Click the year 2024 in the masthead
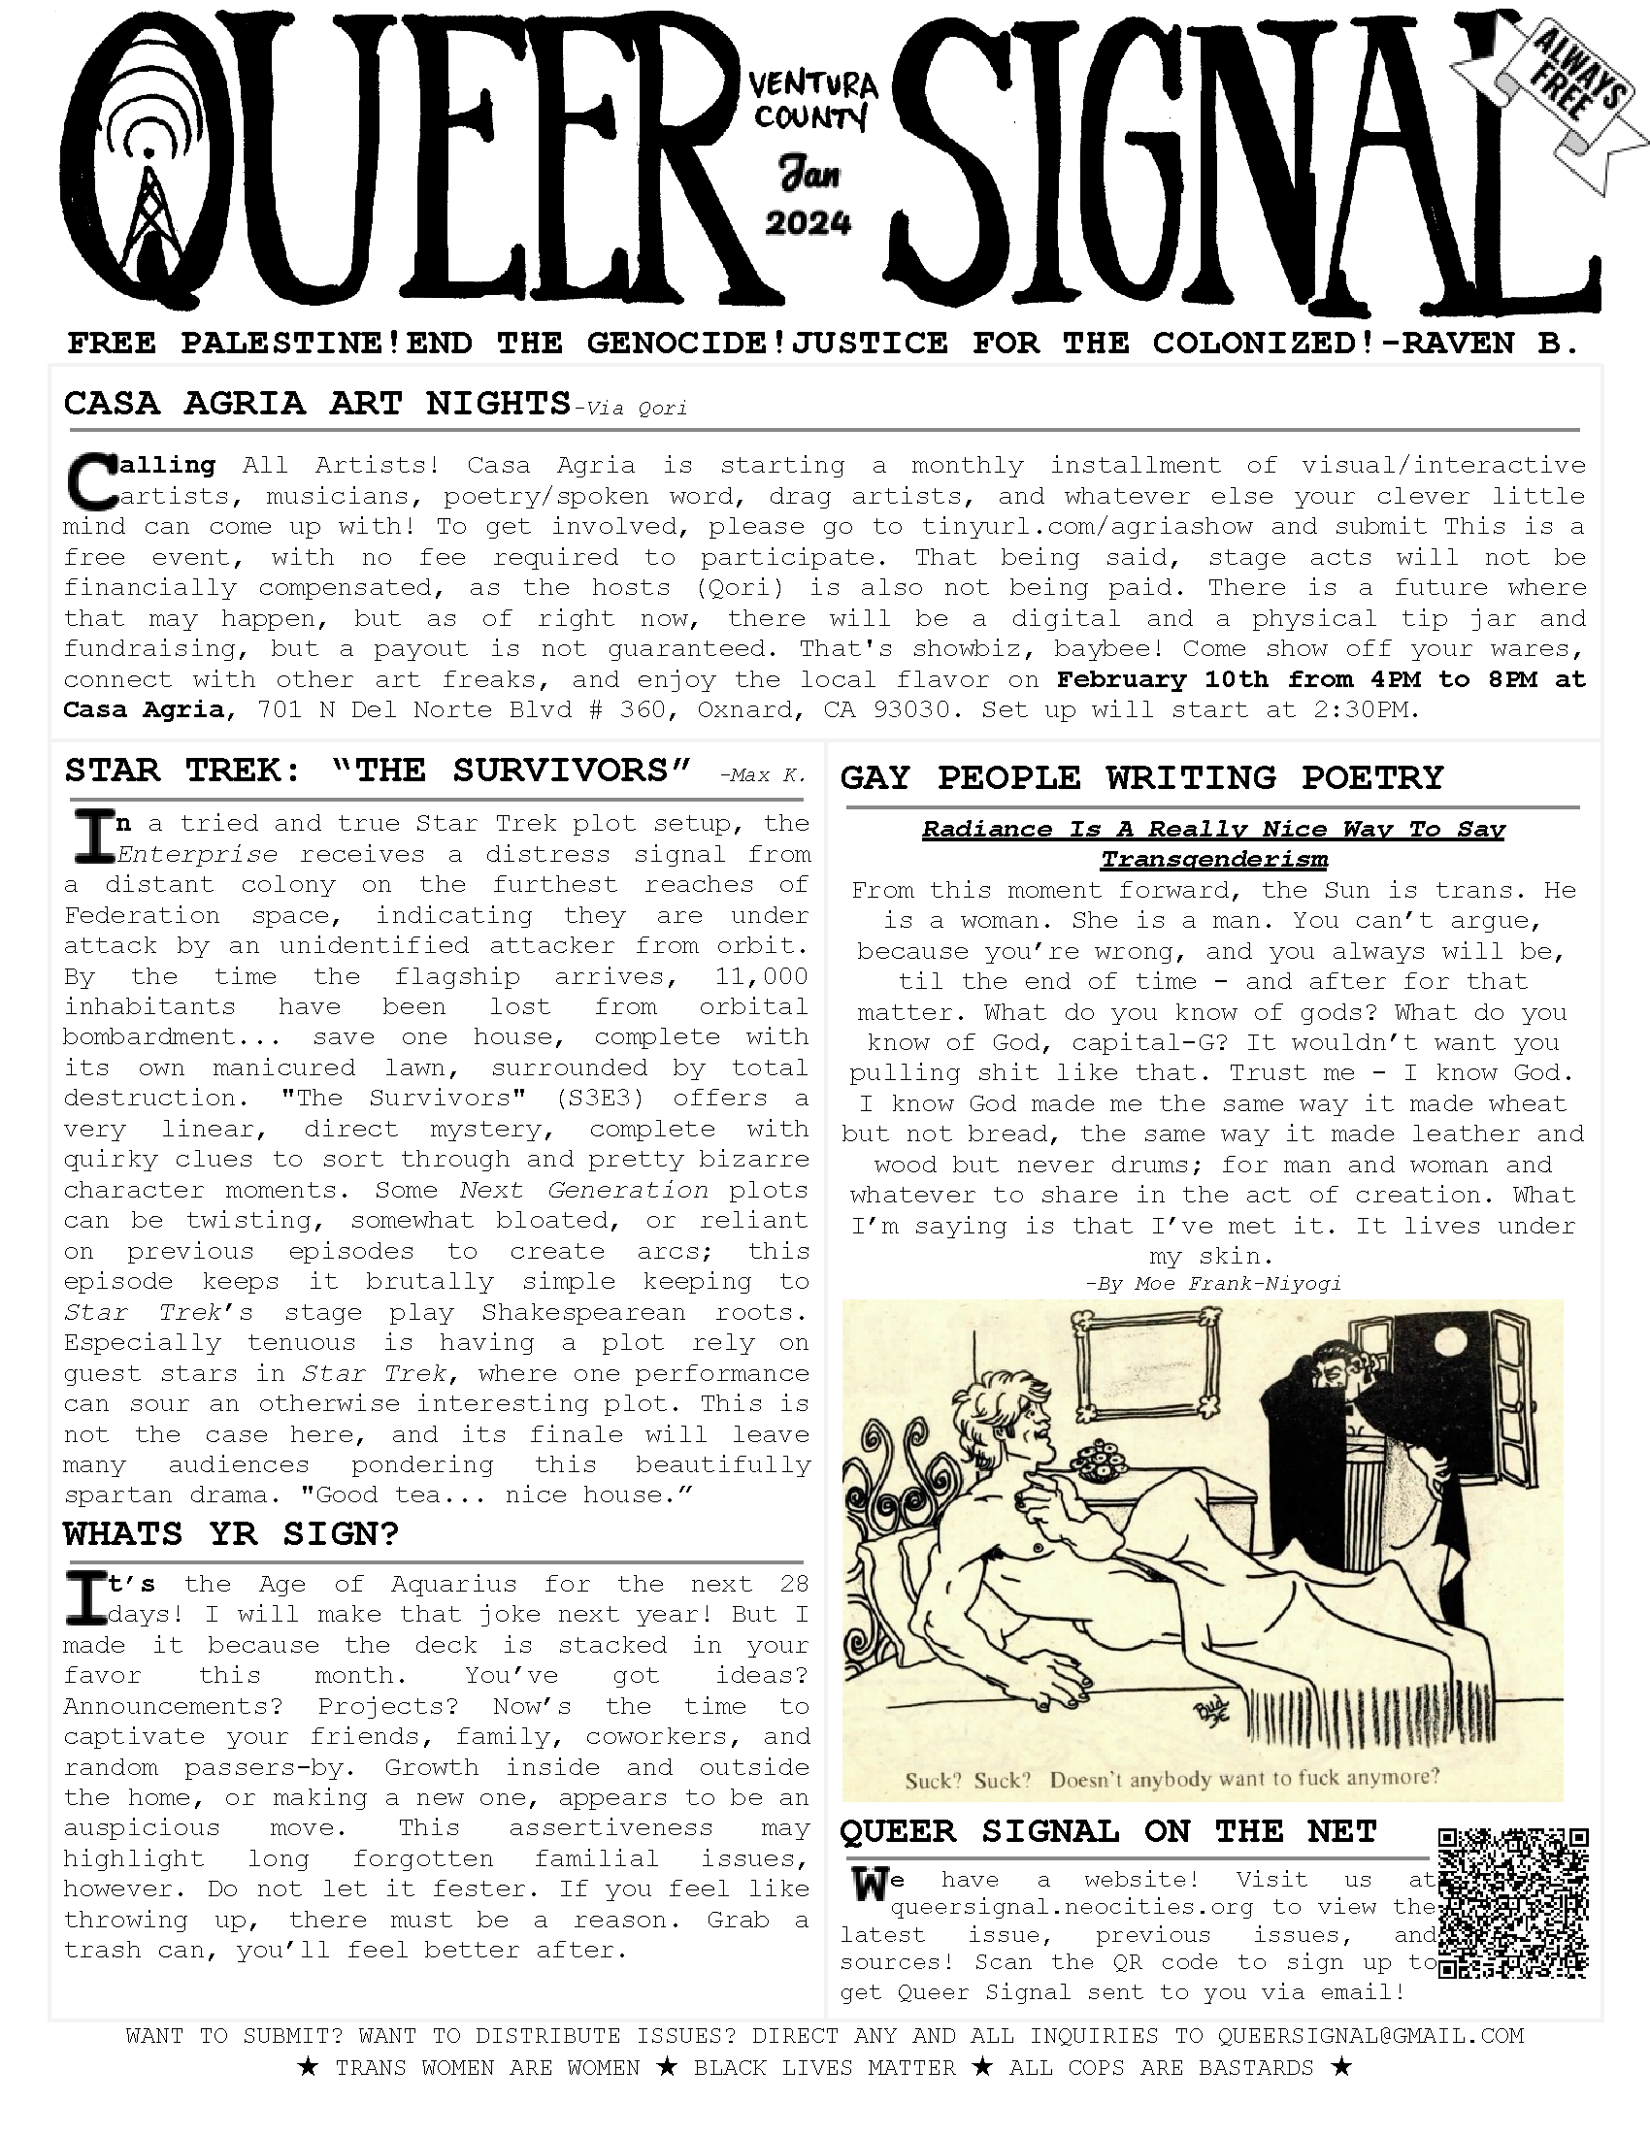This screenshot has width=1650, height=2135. click(808, 224)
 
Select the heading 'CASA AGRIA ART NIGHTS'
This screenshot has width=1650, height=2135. click(316, 403)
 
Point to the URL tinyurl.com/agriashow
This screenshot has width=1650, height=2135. click(1087, 526)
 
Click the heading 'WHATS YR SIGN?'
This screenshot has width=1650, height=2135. click(232, 1532)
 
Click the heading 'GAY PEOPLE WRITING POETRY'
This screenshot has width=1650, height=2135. click(1141, 777)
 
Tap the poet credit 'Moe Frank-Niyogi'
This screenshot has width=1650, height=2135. click(1237, 1284)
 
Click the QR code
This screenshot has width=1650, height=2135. click(1513, 1903)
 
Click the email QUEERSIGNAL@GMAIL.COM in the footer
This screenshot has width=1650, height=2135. click(1369, 2035)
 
